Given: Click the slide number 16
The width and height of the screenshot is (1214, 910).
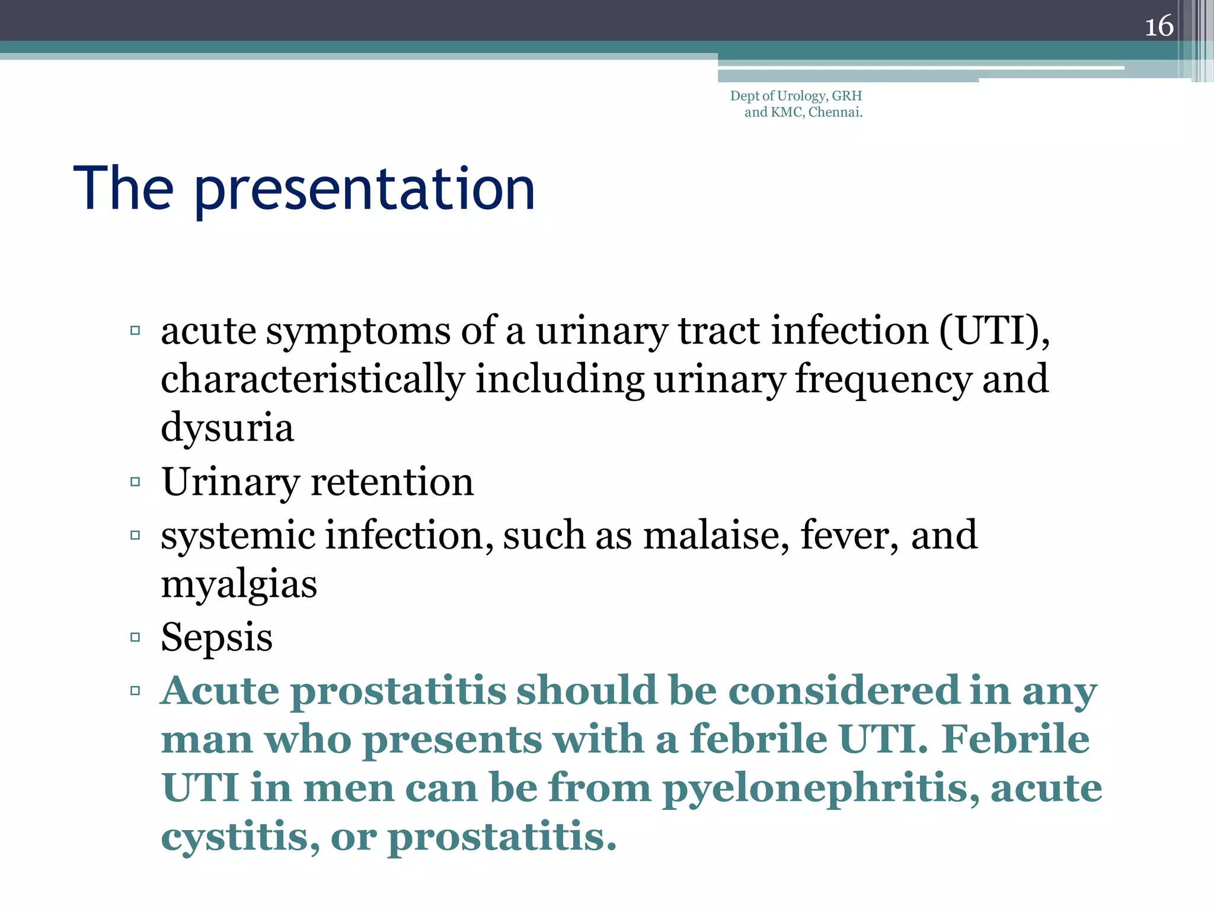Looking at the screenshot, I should (x=1158, y=26).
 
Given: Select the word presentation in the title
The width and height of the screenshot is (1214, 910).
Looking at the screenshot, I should (x=364, y=190).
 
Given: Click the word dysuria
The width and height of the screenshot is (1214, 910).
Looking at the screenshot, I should (x=227, y=428).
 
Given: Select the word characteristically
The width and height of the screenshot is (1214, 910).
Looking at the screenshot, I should (x=313, y=379).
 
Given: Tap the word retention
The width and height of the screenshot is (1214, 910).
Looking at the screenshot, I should (x=392, y=482).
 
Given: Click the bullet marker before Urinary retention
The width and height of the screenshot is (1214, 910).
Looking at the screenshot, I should (x=135, y=482).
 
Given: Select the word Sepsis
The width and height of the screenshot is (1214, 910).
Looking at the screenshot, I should (x=216, y=638).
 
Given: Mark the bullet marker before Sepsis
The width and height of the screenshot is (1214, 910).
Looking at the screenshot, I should (x=135, y=637).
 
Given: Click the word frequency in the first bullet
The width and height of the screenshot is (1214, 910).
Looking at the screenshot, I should (x=883, y=379).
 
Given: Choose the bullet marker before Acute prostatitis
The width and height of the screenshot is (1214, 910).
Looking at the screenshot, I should (x=135, y=690).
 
